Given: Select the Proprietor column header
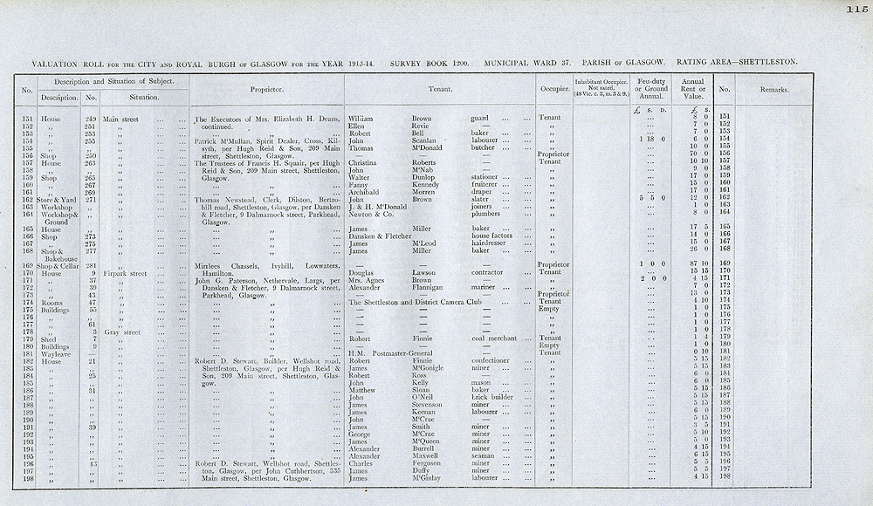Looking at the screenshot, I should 265,89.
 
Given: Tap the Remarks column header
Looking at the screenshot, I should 773,89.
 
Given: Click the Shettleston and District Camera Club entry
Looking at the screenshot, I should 415,302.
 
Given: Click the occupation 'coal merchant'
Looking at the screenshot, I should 496,338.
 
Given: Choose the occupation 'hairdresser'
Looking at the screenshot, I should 492,243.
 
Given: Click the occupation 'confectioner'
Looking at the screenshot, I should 495,360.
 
